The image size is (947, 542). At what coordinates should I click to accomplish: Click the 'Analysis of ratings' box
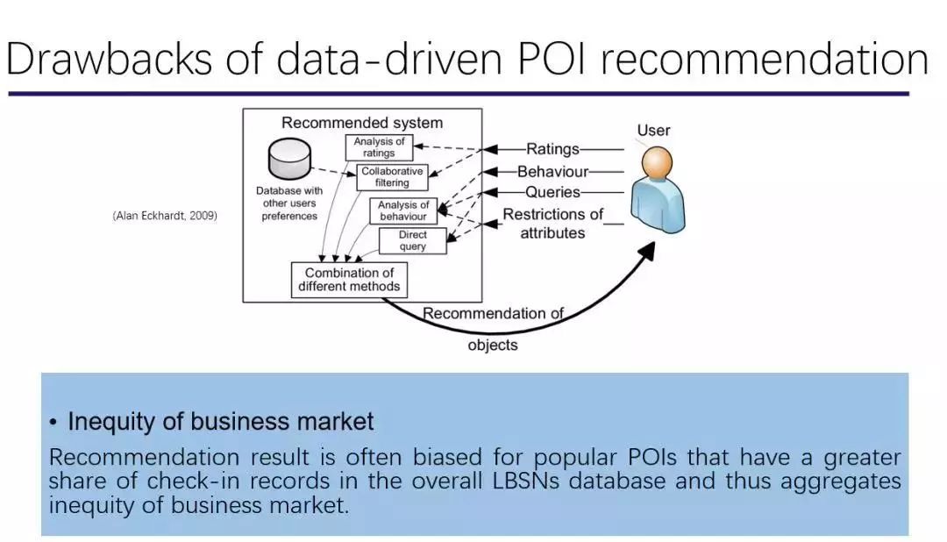(x=379, y=147)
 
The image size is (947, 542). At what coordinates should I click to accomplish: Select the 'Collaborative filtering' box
(x=392, y=177)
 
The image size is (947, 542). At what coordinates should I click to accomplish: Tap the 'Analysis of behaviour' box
(x=403, y=210)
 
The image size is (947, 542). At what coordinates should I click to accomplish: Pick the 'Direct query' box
(x=412, y=241)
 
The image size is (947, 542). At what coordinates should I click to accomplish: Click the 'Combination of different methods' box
(x=349, y=280)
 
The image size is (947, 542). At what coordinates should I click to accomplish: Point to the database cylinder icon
(x=288, y=159)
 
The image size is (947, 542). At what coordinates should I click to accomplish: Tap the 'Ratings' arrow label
(x=552, y=150)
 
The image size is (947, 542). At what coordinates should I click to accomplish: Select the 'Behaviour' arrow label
(x=552, y=172)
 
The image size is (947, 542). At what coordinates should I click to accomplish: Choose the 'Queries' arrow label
(x=552, y=192)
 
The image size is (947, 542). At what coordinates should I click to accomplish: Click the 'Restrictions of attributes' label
(x=552, y=224)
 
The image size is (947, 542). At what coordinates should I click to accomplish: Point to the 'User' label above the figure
(x=653, y=131)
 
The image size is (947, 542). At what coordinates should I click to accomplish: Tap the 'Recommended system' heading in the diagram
(x=362, y=123)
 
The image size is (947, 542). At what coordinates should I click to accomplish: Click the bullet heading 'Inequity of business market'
(x=220, y=422)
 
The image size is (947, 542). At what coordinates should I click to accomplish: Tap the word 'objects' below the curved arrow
(x=493, y=346)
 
